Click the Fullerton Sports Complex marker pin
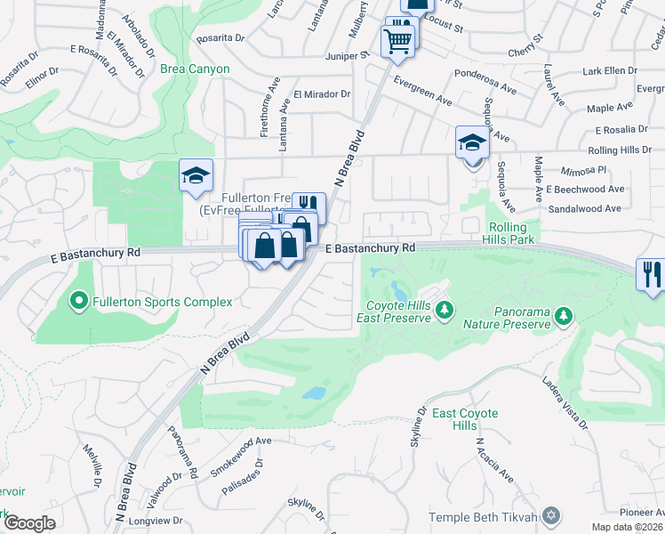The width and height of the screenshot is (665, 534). (x=79, y=302)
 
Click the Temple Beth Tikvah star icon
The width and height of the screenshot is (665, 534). (x=551, y=516)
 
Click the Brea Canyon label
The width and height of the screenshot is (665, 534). (x=195, y=69)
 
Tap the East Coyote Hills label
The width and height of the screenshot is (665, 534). (x=465, y=419)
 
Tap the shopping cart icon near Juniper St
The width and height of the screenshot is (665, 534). (x=397, y=39)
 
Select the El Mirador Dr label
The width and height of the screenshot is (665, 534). (x=322, y=93)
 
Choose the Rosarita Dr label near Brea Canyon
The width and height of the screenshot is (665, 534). (x=220, y=37)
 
